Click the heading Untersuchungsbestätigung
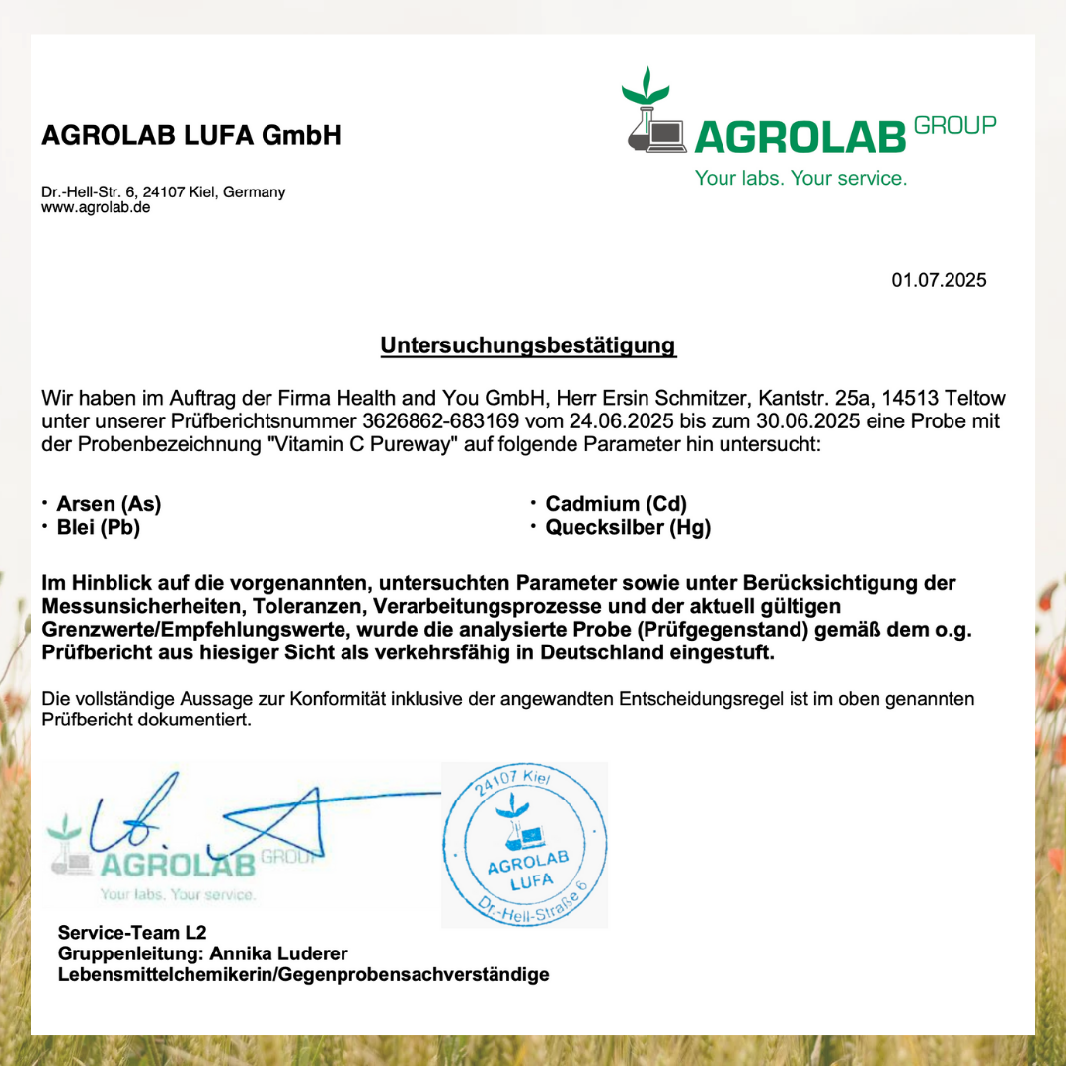pyautogui.click(x=528, y=345)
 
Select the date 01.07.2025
pyautogui.click(x=939, y=281)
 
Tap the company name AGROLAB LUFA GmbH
pyautogui.click(x=191, y=136)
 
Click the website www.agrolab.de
pyautogui.click(x=96, y=208)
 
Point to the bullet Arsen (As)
pyautogui.click(x=109, y=504)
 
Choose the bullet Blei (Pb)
pyautogui.click(x=99, y=527)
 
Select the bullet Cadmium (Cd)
pyautogui.click(x=616, y=504)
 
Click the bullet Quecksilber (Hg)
pyautogui.click(x=628, y=527)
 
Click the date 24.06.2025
pyautogui.click(x=626, y=421)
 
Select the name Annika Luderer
pyautogui.click(x=278, y=953)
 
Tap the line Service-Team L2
pyautogui.click(x=132, y=932)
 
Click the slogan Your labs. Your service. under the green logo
pyautogui.click(x=800, y=179)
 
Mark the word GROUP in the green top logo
pyautogui.click(x=954, y=125)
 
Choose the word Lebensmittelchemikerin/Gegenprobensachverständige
pyautogui.click(x=304, y=975)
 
